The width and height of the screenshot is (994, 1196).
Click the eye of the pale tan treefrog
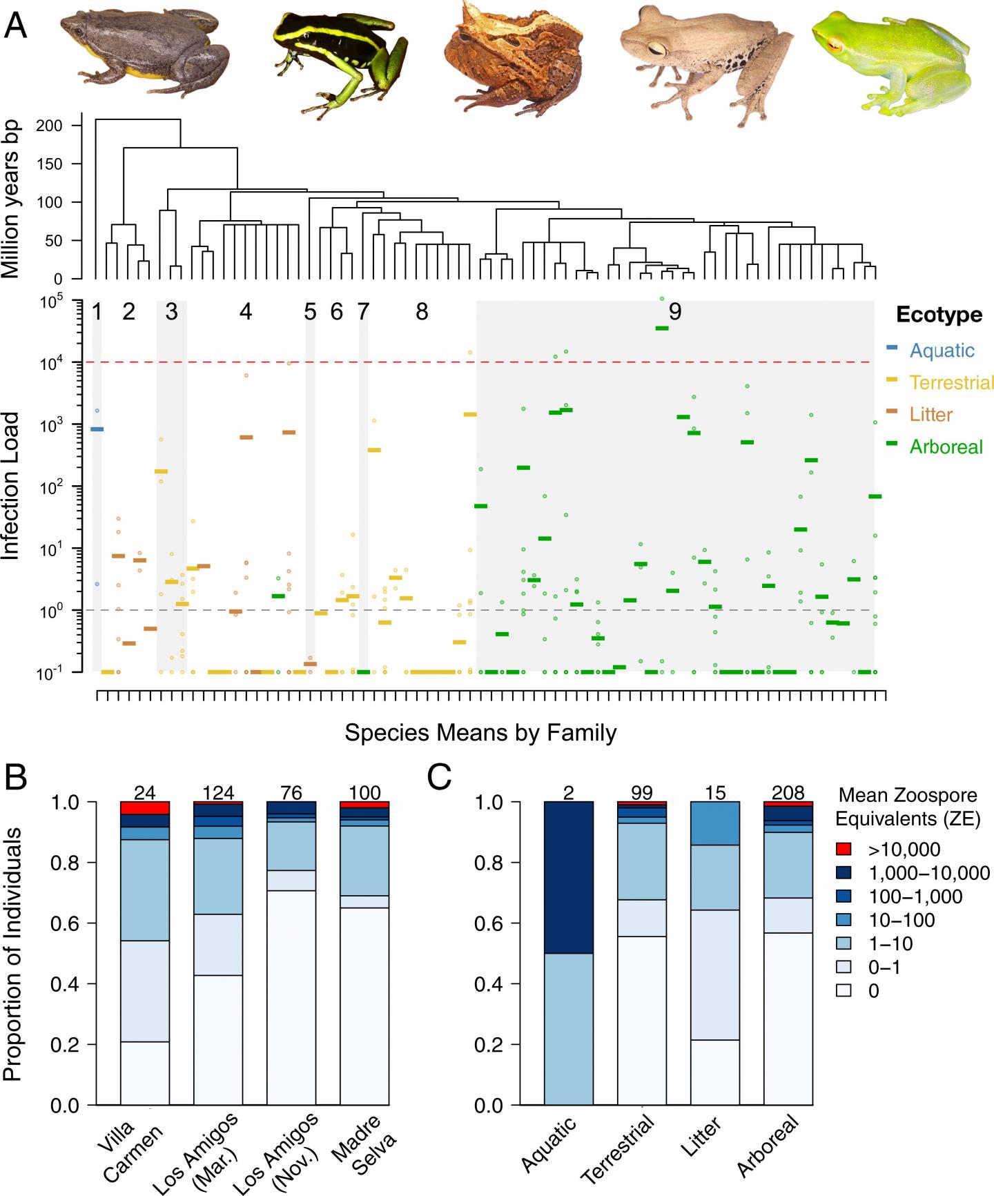(659, 47)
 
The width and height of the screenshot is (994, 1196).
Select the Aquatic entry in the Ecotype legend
(941, 351)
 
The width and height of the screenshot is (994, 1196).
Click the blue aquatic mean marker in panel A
(97, 429)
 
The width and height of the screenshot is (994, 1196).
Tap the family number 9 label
(675, 313)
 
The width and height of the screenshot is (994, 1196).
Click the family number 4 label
(246, 313)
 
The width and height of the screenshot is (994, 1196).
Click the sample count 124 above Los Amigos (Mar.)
(219, 793)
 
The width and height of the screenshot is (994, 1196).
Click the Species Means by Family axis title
(480, 732)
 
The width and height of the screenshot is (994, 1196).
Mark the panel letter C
(440, 778)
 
